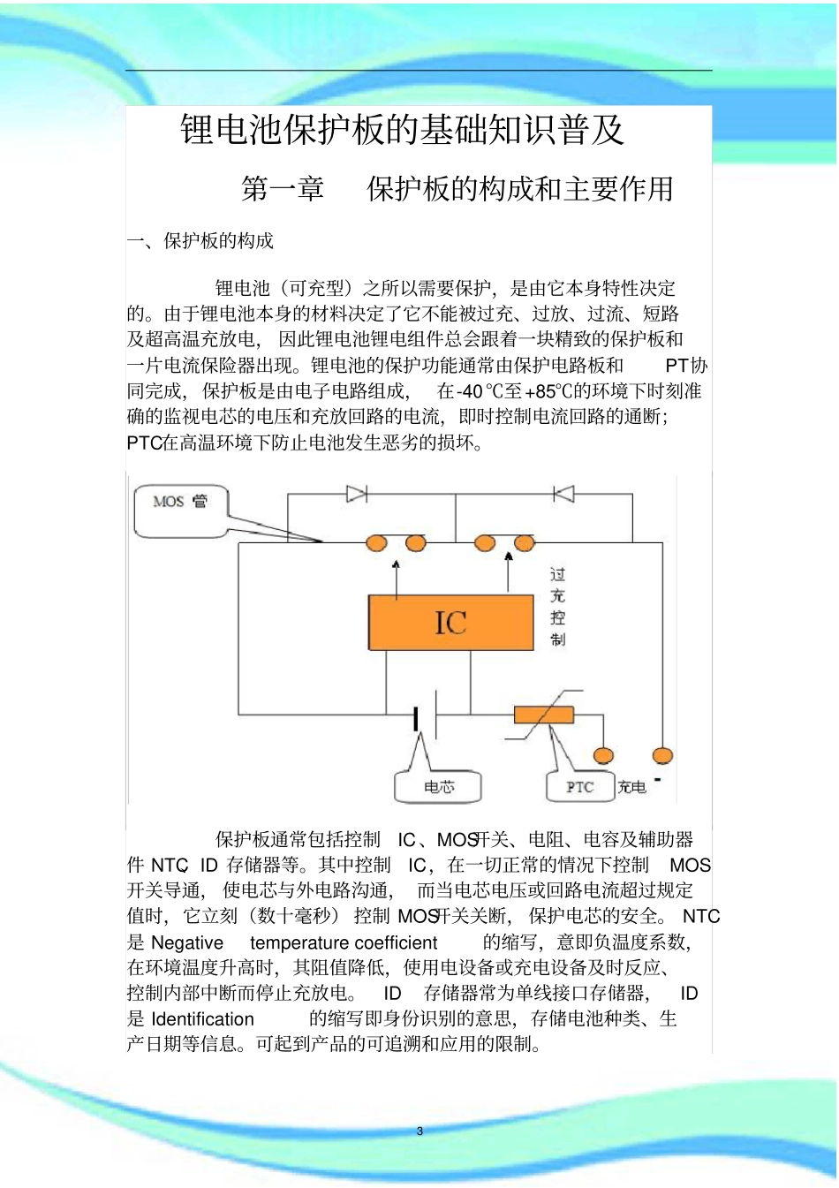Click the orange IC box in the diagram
450,623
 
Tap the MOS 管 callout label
181,503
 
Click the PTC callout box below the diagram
579,787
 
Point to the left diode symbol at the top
356,494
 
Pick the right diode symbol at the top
563,494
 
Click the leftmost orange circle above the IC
377,543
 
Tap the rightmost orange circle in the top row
525,543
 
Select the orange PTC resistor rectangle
544,715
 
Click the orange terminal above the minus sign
662,756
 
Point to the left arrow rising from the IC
396,578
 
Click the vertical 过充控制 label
557,607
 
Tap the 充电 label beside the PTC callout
631,787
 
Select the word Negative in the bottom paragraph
187,943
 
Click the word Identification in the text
202,1019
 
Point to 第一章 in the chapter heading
283,189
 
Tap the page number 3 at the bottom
420,1131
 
